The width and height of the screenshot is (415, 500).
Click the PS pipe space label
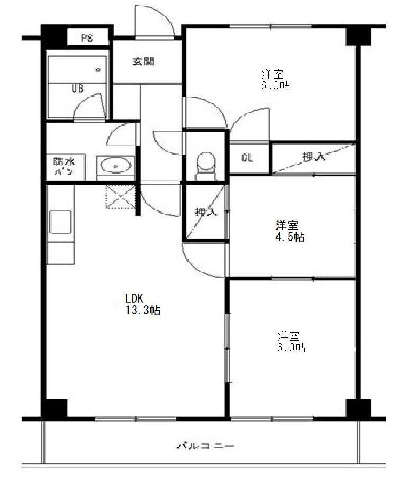coord(86,39)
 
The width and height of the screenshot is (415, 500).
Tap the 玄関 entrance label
coord(143,62)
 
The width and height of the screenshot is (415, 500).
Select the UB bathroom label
coord(78,88)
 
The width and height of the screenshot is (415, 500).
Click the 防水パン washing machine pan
coord(66,167)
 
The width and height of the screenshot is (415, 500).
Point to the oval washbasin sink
coord(116,166)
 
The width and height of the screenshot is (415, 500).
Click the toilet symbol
coord(205,166)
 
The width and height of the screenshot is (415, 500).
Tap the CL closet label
coord(247,158)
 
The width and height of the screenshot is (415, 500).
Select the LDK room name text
coord(134,299)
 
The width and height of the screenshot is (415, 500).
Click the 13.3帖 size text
coord(142,310)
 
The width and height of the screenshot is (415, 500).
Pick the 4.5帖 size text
coord(290,237)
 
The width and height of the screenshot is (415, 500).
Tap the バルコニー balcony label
coord(206,446)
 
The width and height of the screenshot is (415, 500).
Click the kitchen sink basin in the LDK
coord(60,222)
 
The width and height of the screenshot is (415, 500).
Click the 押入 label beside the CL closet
coord(314,156)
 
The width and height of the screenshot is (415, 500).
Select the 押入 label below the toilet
coord(206,212)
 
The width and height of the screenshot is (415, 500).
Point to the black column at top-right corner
coord(358,35)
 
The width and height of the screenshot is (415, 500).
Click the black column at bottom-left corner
coord(55,409)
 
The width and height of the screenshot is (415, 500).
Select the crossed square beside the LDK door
coord(121,196)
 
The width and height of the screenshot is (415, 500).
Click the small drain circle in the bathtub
coord(98,70)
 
